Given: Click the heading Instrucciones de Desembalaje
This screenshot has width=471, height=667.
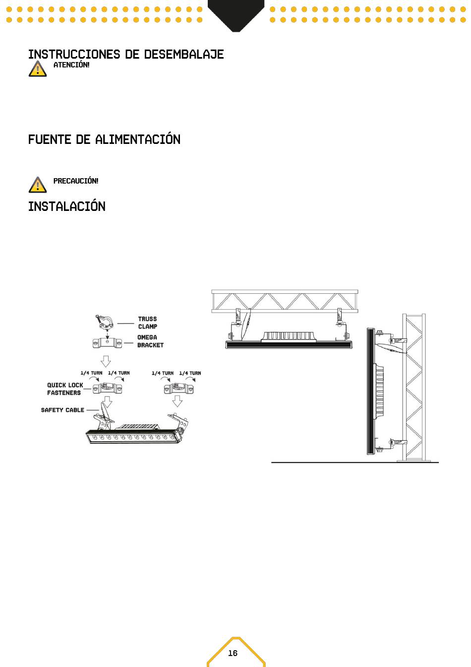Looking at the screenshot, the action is tap(126, 54).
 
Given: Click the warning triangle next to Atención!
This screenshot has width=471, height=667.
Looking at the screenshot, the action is tap(38, 69).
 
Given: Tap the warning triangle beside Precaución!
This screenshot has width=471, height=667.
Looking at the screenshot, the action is tap(38, 185).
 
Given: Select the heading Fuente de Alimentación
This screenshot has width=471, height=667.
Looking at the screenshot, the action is tap(104, 139).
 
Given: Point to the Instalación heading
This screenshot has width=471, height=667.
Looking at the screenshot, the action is tap(66, 206).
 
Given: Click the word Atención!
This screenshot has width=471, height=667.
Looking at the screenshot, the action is tap(71, 65).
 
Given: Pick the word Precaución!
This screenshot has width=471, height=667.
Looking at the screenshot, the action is tap(76, 181).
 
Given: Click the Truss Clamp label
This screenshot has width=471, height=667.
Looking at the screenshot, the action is tap(148, 323).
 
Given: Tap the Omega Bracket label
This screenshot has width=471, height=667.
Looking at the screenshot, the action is tap(150, 341).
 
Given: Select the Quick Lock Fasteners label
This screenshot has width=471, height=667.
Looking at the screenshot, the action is tap(65, 389).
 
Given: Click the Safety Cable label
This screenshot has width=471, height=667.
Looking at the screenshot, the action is tap(62, 410).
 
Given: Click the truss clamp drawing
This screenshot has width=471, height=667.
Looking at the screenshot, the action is tap(105, 323).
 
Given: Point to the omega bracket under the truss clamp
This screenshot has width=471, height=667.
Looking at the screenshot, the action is tap(107, 343).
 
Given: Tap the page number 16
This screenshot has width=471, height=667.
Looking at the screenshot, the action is tap(233, 653).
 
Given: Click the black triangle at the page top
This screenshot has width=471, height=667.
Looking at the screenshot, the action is tap(236, 15).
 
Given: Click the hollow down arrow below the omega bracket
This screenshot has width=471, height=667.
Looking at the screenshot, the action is tap(106, 361).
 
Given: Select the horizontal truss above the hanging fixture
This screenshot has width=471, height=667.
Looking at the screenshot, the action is tap(285, 301).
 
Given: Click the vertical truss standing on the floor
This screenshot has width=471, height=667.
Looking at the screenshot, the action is tap(414, 388).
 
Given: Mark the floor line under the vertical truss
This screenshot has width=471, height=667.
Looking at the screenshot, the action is tap(355, 463).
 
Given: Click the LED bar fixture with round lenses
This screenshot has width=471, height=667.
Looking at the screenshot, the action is tap(134, 437).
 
